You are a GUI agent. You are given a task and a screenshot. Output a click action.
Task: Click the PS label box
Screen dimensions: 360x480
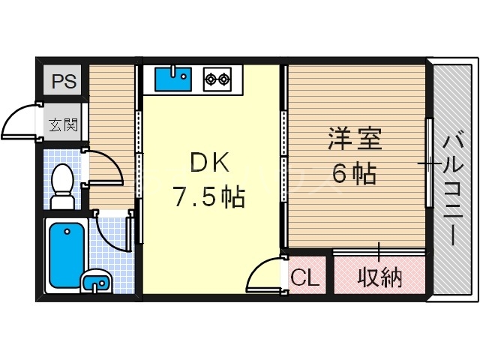click(x=64, y=81)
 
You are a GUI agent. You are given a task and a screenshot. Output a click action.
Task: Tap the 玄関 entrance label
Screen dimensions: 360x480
click(x=64, y=125)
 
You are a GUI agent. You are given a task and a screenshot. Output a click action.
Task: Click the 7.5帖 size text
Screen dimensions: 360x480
click(x=208, y=197)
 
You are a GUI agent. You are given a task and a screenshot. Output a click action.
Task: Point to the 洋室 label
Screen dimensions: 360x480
click(x=355, y=139)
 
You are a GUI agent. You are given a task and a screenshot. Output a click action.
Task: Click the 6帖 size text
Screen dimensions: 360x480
click(x=354, y=174)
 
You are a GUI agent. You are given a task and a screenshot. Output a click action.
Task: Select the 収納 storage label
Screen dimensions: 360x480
click(x=379, y=277)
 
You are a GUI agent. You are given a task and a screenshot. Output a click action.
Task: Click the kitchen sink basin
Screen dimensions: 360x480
click(x=173, y=77)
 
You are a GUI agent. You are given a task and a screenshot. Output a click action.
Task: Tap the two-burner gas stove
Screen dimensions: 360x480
click(x=217, y=77)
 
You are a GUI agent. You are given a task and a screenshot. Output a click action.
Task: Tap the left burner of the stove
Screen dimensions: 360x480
click(x=210, y=76)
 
